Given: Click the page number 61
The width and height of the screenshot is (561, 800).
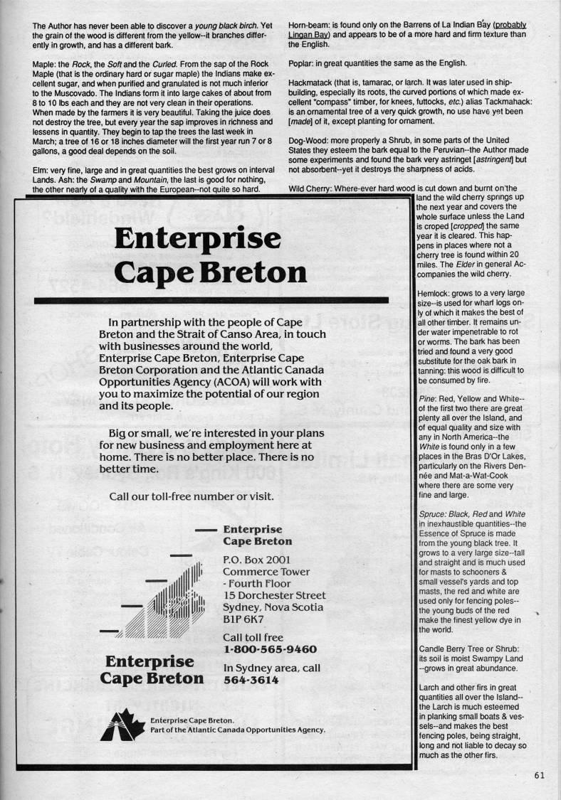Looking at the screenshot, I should [x=538, y=775].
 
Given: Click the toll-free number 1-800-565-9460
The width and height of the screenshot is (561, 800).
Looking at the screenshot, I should [x=270, y=649].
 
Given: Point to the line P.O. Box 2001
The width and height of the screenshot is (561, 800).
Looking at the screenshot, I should [x=256, y=559].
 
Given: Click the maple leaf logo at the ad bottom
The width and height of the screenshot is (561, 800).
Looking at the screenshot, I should [x=127, y=725].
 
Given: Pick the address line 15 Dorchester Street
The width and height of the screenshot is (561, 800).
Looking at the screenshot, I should [x=274, y=595].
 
